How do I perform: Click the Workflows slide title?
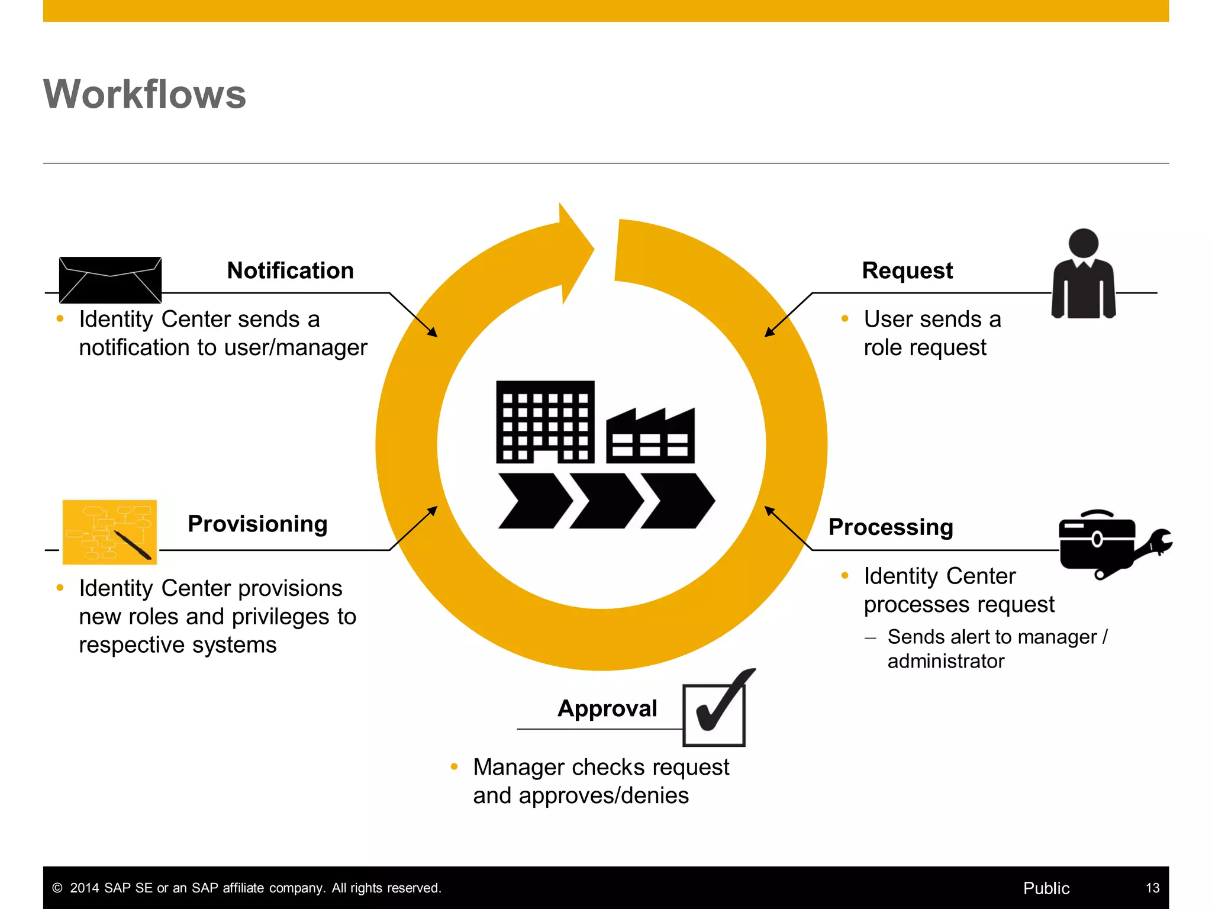(x=144, y=95)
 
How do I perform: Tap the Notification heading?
(x=290, y=271)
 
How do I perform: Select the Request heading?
(x=907, y=271)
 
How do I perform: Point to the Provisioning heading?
(x=257, y=524)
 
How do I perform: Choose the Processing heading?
(x=891, y=527)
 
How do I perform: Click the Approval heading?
(x=607, y=708)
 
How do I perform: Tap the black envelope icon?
(x=110, y=280)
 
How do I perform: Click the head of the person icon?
(x=1084, y=243)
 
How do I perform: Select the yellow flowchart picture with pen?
(x=110, y=531)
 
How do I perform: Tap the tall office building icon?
(x=545, y=421)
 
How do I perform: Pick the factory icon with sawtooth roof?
(x=650, y=436)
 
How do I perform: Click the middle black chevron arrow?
(x=606, y=501)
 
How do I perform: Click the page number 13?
(x=1152, y=888)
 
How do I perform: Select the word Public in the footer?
(x=1046, y=888)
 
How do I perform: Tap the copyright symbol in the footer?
(x=57, y=888)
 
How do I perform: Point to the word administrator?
(x=946, y=661)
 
